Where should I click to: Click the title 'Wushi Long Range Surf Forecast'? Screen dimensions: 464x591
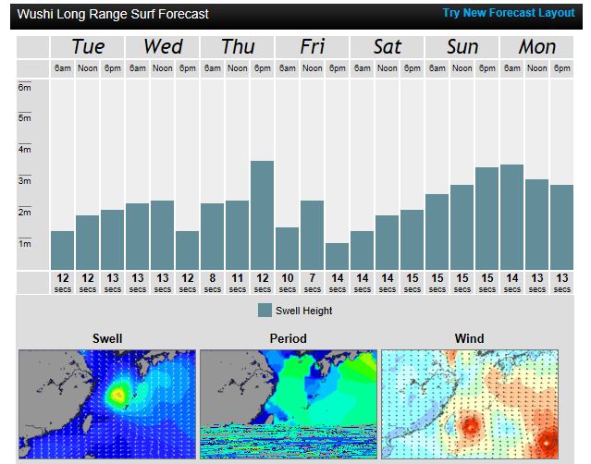[x=113, y=15]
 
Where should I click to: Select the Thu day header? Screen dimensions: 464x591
[x=238, y=46]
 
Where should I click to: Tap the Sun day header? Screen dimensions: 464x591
[x=462, y=46]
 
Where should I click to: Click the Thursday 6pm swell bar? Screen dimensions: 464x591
[x=263, y=214]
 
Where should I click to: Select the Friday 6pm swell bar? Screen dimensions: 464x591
[x=337, y=256]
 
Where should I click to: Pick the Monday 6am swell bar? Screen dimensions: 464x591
[x=511, y=216]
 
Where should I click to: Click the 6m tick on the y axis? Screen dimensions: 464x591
[x=25, y=87]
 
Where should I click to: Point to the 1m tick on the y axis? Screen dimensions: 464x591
[x=25, y=243]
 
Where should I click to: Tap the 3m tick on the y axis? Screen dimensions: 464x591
[x=25, y=180]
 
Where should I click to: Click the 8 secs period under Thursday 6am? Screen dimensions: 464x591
[x=213, y=282]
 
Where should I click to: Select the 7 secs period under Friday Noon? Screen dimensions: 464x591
[x=312, y=282]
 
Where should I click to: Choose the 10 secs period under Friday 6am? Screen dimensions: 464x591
[x=287, y=282]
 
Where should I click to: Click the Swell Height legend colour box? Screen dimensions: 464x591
[x=265, y=311]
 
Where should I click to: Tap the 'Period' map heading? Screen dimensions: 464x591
[x=288, y=338]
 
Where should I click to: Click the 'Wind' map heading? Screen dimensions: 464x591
[x=469, y=338]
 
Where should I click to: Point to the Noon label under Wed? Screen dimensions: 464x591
[x=163, y=68]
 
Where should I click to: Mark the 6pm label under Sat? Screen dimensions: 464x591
[x=412, y=68]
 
